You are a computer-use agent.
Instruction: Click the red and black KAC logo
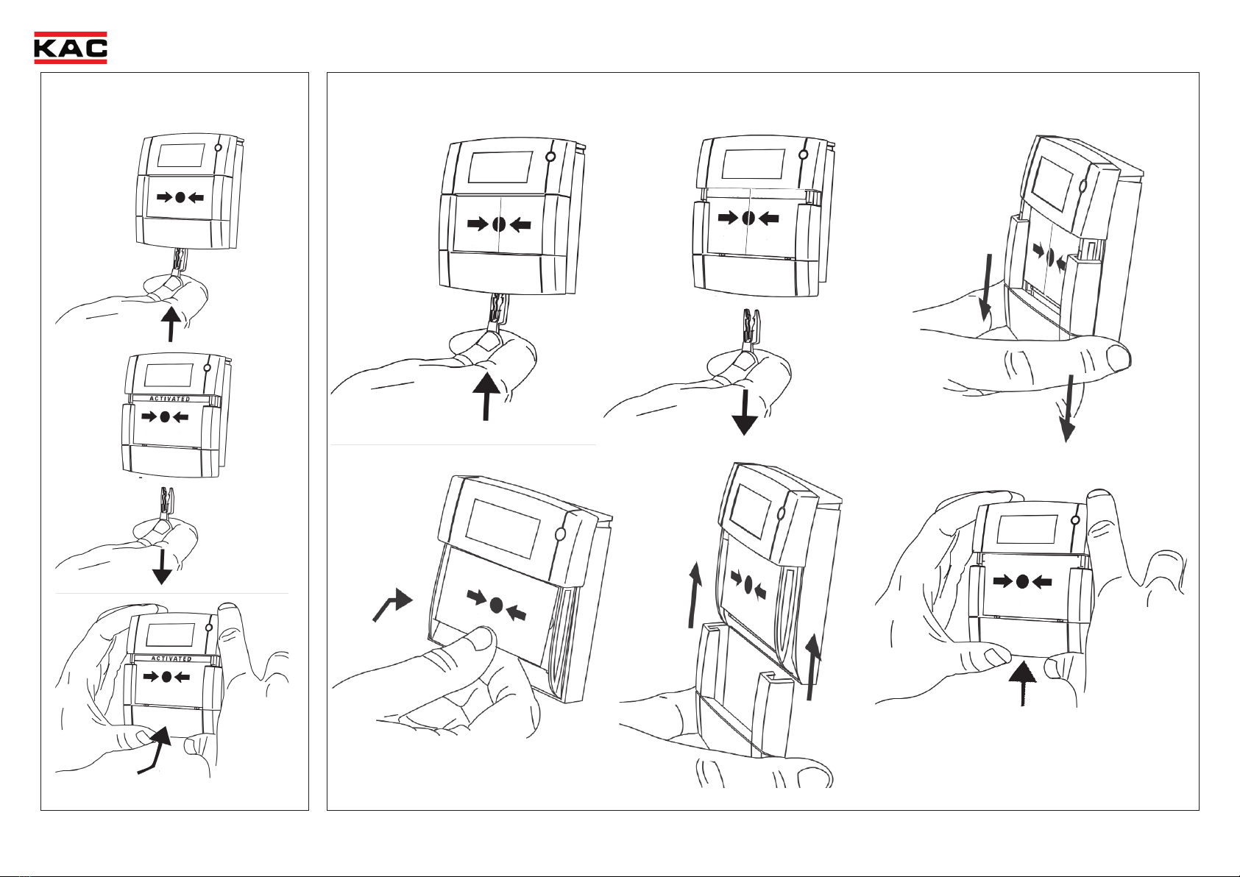point(71,48)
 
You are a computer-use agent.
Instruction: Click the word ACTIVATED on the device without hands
point(170,399)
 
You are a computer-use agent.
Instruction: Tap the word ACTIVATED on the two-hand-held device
point(171,658)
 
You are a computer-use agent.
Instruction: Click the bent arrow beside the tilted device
point(392,605)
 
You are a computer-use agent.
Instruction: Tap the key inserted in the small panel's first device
point(178,261)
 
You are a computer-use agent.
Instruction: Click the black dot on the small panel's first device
point(180,197)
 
